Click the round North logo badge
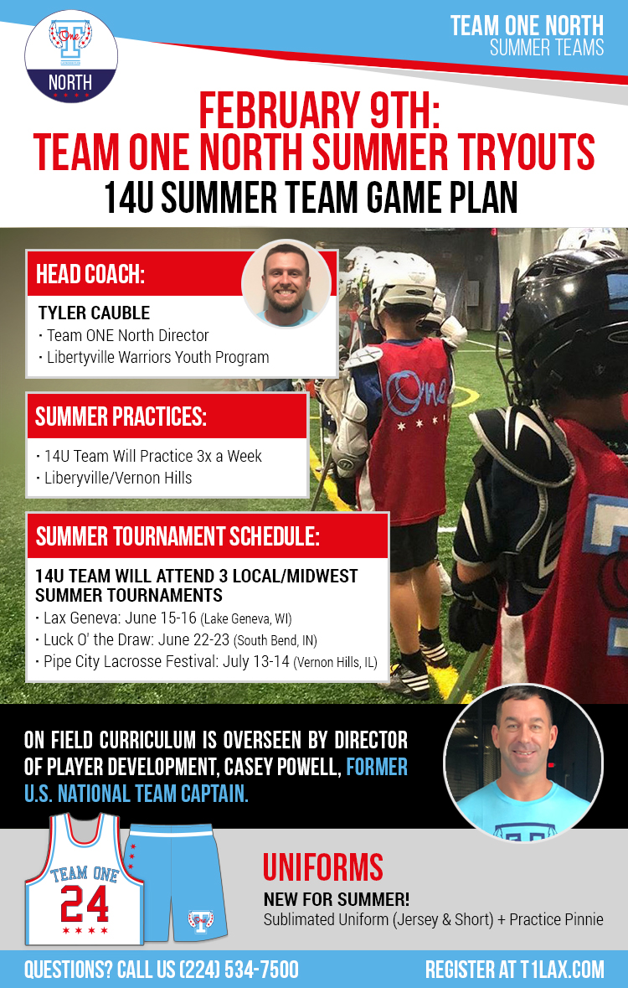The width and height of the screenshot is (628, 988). (x=71, y=57)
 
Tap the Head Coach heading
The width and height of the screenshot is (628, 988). (x=90, y=274)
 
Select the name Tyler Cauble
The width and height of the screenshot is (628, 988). (x=94, y=313)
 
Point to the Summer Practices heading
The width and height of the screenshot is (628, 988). (x=121, y=416)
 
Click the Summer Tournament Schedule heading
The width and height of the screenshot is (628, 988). (x=178, y=536)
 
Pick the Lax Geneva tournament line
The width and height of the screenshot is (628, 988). (x=164, y=618)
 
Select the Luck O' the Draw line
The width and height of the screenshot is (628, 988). (x=177, y=640)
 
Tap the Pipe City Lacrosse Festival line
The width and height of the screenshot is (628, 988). (x=207, y=662)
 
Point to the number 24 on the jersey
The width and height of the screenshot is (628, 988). (x=85, y=903)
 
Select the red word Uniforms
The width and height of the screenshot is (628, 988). (x=323, y=867)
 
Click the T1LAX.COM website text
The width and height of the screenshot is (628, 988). (x=562, y=969)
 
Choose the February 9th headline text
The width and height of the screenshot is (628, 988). (x=319, y=111)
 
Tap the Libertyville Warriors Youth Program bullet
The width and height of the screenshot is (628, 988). (x=154, y=357)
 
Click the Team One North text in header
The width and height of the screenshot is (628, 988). (x=527, y=26)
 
